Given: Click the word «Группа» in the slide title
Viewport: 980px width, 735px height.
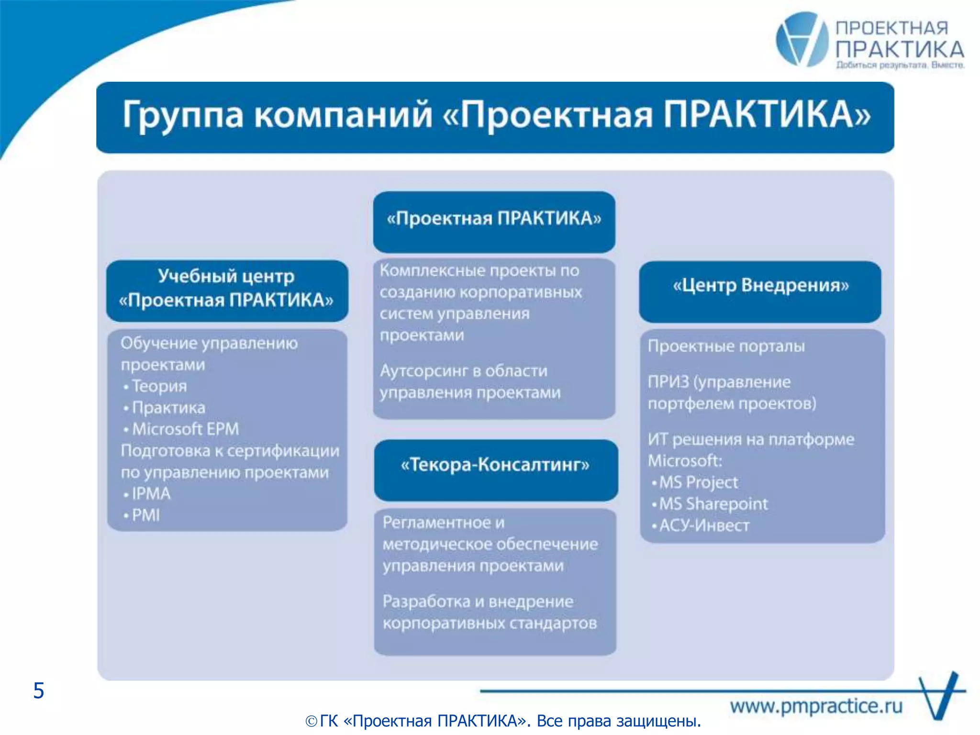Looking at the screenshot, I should pyautogui.click(x=182, y=115).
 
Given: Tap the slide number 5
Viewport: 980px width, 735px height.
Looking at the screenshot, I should pyautogui.click(x=39, y=690).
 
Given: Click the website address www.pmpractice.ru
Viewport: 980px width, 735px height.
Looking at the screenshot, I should pyautogui.click(x=816, y=706).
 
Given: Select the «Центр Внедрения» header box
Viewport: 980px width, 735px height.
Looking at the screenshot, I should pyautogui.click(x=760, y=291).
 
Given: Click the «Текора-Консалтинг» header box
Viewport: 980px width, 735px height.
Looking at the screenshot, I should pyautogui.click(x=496, y=470).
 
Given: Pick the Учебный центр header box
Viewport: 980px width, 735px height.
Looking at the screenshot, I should pyautogui.click(x=227, y=290).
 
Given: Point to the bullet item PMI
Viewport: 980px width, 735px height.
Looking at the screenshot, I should pyautogui.click(x=145, y=515).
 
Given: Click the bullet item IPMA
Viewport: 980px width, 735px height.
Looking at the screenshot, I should pyautogui.click(x=151, y=494).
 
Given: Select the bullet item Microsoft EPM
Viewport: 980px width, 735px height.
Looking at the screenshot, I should pyautogui.click(x=185, y=429).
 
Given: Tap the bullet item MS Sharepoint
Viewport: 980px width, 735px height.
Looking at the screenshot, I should pyautogui.click(x=713, y=504).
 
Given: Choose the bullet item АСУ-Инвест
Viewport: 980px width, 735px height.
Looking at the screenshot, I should pyautogui.click(x=704, y=525).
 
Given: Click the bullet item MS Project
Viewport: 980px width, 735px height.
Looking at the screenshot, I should pyautogui.click(x=698, y=482).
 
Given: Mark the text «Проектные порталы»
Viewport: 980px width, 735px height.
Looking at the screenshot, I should pyautogui.click(x=726, y=346).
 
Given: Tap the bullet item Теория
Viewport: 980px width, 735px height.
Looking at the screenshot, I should pyautogui.click(x=159, y=386).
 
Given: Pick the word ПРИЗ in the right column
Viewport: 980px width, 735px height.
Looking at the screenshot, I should pyautogui.click(x=668, y=382).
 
